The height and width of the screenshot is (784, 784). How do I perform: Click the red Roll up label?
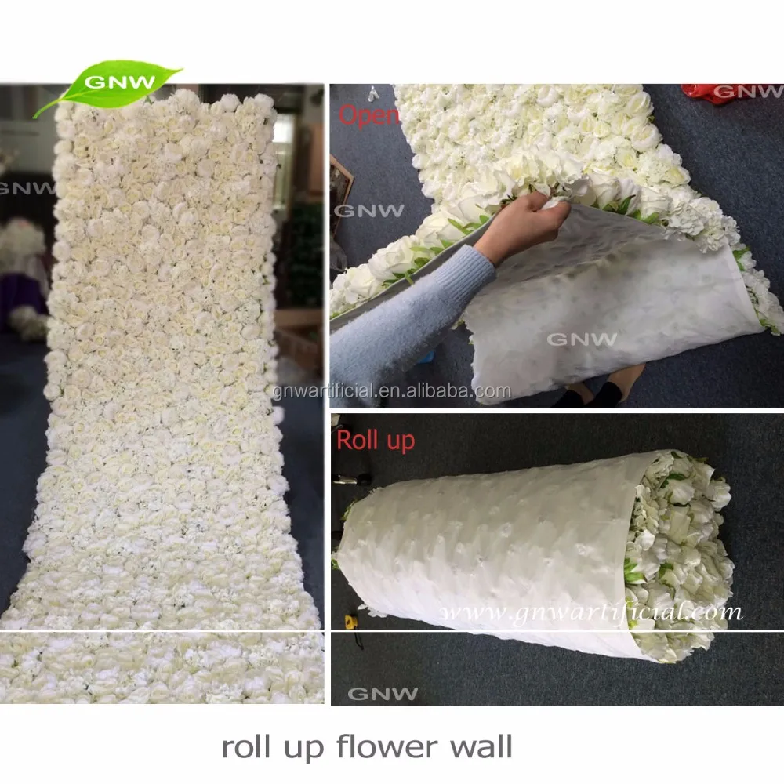click(376, 440)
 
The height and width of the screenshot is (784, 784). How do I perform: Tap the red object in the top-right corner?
click(706, 93)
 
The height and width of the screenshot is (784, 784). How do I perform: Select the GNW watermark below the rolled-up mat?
click(383, 693)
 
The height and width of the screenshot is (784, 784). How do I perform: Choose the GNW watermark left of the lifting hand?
click(369, 210)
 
